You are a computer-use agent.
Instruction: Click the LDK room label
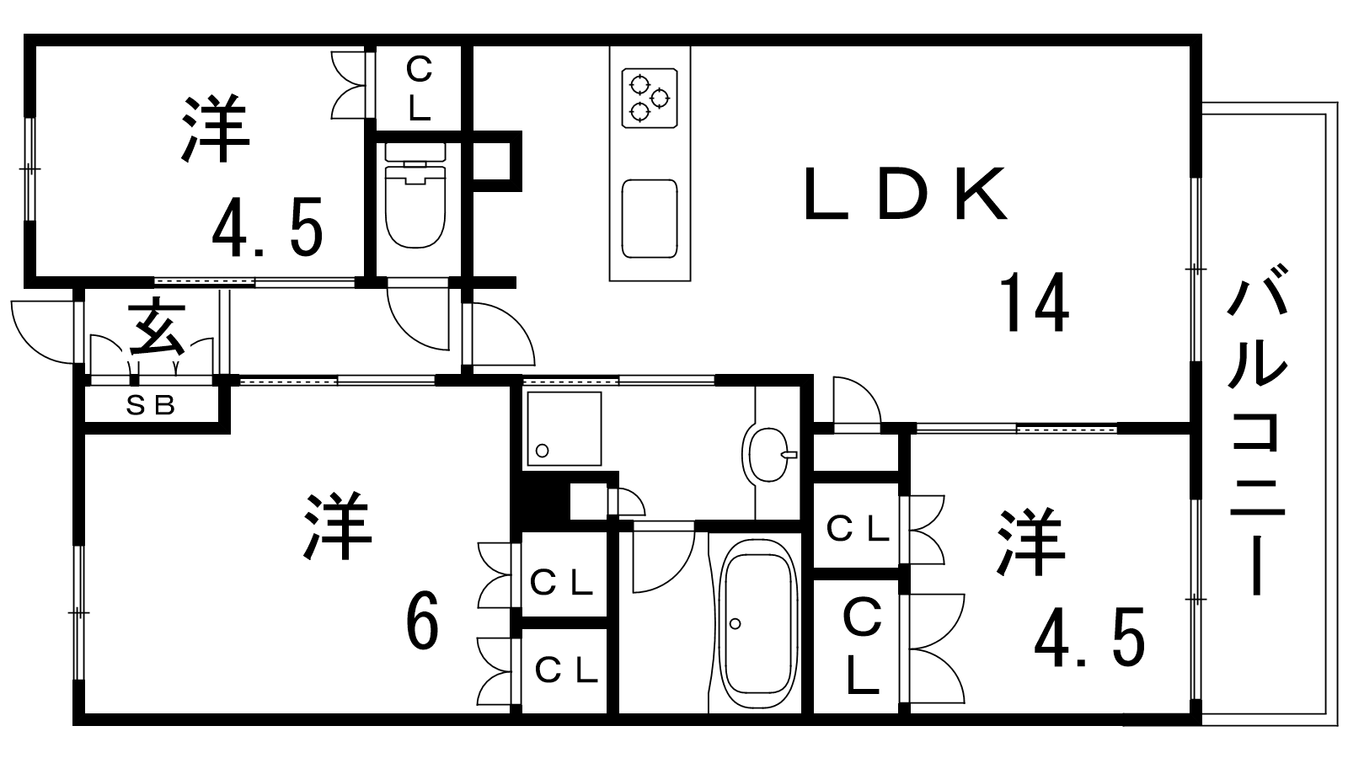click(x=906, y=193)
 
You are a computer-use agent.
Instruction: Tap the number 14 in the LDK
click(x=1035, y=302)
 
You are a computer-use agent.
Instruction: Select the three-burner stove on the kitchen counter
click(x=650, y=98)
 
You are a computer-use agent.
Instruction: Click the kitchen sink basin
click(x=650, y=218)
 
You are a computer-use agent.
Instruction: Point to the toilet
click(x=415, y=195)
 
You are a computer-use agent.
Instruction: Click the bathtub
click(x=759, y=624)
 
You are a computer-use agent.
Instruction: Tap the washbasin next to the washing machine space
click(x=770, y=455)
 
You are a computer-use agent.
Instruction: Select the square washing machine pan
click(x=564, y=429)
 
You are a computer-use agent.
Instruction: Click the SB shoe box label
click(x=151, y=406)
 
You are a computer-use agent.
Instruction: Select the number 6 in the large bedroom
click(x=422, y=620)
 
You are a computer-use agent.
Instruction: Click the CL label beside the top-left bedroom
click(x=419, y=88)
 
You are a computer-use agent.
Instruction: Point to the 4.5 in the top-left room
click(x=268, y=227)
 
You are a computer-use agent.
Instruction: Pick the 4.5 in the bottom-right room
click(x=1090, y=637)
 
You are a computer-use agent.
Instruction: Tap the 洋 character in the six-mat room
click(x=337, y=526)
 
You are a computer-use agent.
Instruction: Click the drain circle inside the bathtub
click(x=735, y=624)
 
